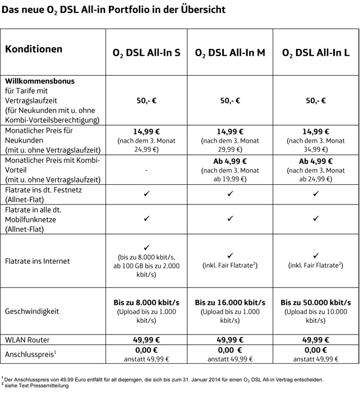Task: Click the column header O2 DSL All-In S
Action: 146,53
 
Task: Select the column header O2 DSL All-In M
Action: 230,53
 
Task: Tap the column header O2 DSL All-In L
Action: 316,53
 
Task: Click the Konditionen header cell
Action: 34,49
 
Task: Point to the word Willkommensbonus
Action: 40,81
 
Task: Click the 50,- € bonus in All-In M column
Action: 230,100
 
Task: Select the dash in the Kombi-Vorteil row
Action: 146,170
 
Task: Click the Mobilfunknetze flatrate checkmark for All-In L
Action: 316,218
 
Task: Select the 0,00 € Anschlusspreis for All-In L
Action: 316,350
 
